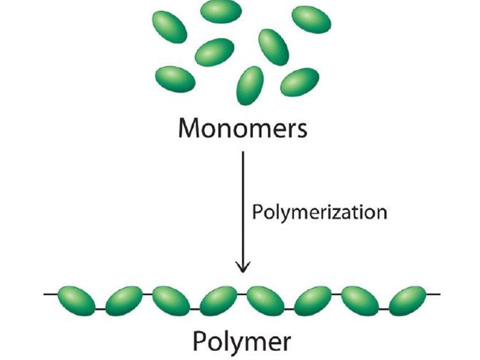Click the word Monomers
click(242, 128)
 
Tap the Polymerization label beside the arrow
click(319, 212)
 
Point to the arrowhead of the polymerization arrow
click(242, 267)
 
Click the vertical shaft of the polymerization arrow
click(242, 210)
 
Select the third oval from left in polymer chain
click(171, 299)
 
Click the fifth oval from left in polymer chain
click(265, 299)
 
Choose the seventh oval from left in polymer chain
click(360, 299)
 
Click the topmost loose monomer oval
click(221, 11)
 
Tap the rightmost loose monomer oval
click(311, 19)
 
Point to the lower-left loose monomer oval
click(175, 79)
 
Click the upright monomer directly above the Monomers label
click(250, 85)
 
